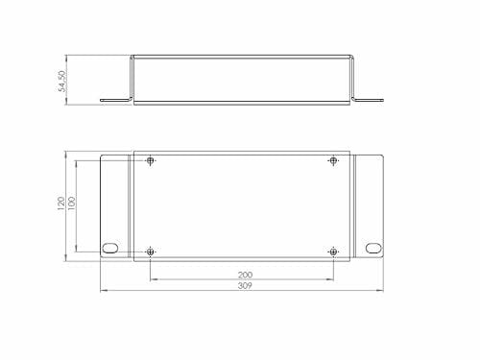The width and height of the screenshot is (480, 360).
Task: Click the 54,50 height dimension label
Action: (62, 82)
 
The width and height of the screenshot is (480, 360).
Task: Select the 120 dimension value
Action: (60, 204)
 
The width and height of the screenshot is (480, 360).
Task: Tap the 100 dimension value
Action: (72, 204)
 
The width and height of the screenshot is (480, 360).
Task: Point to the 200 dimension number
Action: (245, 275)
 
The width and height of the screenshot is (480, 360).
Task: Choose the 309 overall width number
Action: (245, 286)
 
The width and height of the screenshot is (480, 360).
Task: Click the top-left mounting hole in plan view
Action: (151, 160)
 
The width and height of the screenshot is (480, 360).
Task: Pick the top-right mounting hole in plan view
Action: (333, 160)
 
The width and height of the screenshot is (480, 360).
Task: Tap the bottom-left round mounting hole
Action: (151, 252)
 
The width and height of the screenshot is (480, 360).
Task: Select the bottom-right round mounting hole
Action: (333, 252)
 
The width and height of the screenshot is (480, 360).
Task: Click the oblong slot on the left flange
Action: (110, 248)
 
